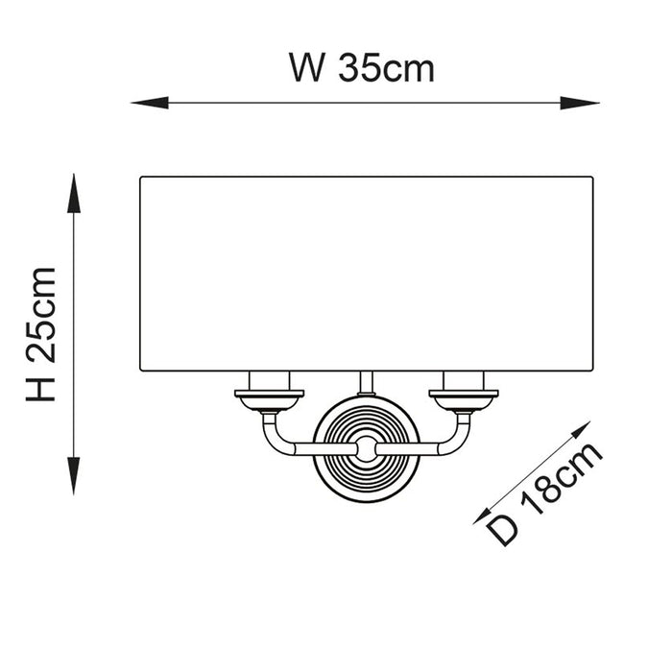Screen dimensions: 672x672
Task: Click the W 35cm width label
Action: click(x=362, y=68)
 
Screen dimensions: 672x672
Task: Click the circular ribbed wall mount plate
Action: click(x=366, y=446)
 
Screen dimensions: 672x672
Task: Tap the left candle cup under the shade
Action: click(x=270, y=393)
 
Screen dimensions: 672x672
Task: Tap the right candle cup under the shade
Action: click(x=464, y=393)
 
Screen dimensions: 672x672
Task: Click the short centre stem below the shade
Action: click(x=366, y=383)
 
